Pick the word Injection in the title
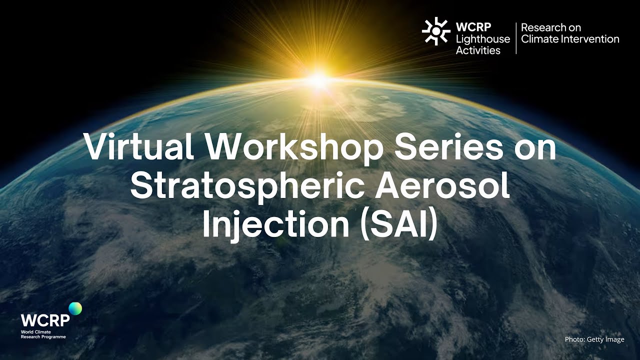click(x=275, y=224)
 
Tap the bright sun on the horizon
click(x=318, y=79)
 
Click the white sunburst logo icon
click(x=436, y=31)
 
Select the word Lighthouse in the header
click(x=483, y=39)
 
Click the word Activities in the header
click(x=478, y=50)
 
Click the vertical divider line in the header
click(x=516, y=38)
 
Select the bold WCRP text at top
click(x=472, y=27)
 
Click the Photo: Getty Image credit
click(x=594, y=339)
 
